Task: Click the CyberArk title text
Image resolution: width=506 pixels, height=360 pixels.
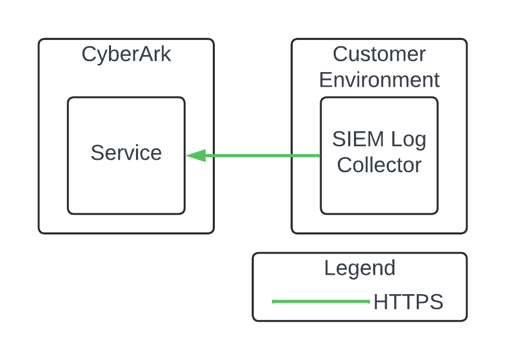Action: (126, 54)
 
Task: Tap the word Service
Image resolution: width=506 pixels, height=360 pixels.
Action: (126, 153)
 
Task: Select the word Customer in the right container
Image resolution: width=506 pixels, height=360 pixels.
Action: (379, 54)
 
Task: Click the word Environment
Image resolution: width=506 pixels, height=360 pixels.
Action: (379, 80)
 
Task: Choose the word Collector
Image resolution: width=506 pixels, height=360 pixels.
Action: (379, 165)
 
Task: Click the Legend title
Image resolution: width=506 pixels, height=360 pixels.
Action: (360, 268)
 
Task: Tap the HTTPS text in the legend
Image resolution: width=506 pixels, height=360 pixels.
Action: (408, 302)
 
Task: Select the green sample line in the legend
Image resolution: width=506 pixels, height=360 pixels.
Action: (321, 301)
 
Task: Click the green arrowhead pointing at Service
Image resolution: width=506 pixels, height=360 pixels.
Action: (196, 156)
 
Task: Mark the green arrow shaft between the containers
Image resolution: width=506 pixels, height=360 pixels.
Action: (254, 156)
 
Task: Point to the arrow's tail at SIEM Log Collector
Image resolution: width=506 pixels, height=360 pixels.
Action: (319, 156)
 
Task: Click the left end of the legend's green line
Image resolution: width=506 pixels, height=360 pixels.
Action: (273, 301)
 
